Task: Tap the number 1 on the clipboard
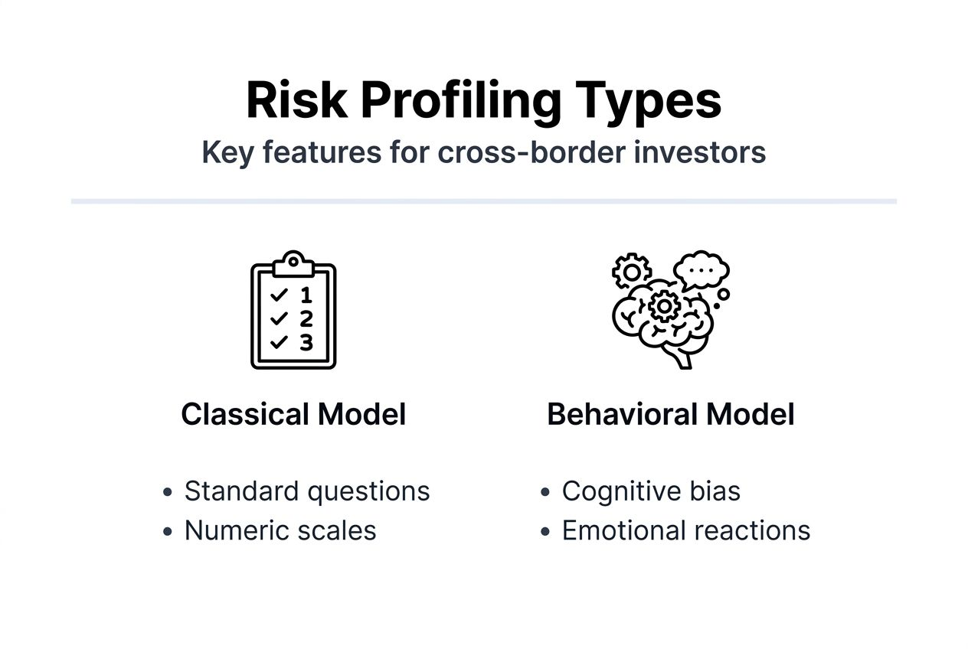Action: point(306,295)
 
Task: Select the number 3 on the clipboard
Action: point(306,342)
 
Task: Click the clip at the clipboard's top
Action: point(293,264)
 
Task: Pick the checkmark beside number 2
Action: point(280,318)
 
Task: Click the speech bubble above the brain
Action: point(701,270)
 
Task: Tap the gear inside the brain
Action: point(663,305)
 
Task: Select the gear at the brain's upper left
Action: point(632,272)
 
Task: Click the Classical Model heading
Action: point(293,414)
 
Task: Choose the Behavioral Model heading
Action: point(670,414)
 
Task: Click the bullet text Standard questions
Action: point(307,491)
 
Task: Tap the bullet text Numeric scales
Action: point(280,530)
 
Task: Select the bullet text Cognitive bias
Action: point(651,491)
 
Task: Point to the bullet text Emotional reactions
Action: point(685,530)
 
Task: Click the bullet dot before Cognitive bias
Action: point(544,492)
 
